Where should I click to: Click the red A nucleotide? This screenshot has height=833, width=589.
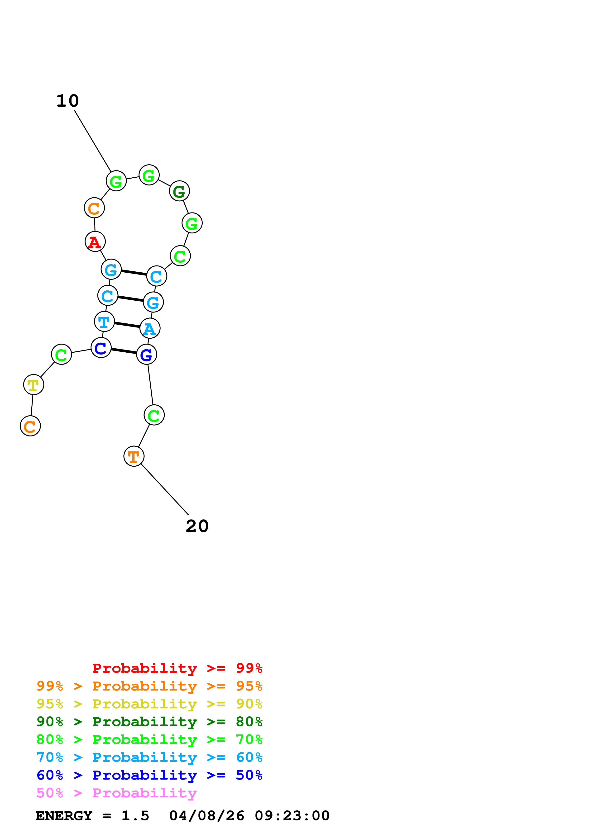pyautogui.click(x=95, y=242)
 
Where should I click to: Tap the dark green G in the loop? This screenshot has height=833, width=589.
pyautogui.click(x=179, y=191)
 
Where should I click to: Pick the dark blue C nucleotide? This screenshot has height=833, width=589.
pyautogui.click(x=101, y=348)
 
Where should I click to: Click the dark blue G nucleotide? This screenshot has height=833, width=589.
pyautogui.click(x=147, y=355)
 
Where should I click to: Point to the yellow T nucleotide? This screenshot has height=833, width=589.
pyautogui.click(x=34, y=385)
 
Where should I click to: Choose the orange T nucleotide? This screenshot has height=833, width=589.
pyautogui.click(x=134, y=456)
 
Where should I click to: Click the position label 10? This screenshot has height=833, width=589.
pyautogui.click(x=67, y=101)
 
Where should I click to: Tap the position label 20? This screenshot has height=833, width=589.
pyautogui.click(x=197, y=526)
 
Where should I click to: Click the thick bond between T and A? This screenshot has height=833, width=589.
pyautogui.click(x=127, y=325)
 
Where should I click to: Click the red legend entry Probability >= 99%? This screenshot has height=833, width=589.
pyautogui.click(x=177, y=668)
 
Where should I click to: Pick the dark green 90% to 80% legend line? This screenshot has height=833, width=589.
pyautogui.click(x=149, y=722)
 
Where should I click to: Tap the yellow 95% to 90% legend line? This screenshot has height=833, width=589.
pyautogui.click(x=149, y=704)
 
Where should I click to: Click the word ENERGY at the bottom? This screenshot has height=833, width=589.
pyautogui.click(x=64, y=816)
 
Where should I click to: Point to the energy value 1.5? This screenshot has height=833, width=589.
pyautogui.click(x=135, y=816)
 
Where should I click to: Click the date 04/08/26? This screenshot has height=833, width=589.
pyautogui.click(x=206, y=816)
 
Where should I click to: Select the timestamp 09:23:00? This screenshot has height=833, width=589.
pyautogui.click(x=292, y=816)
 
